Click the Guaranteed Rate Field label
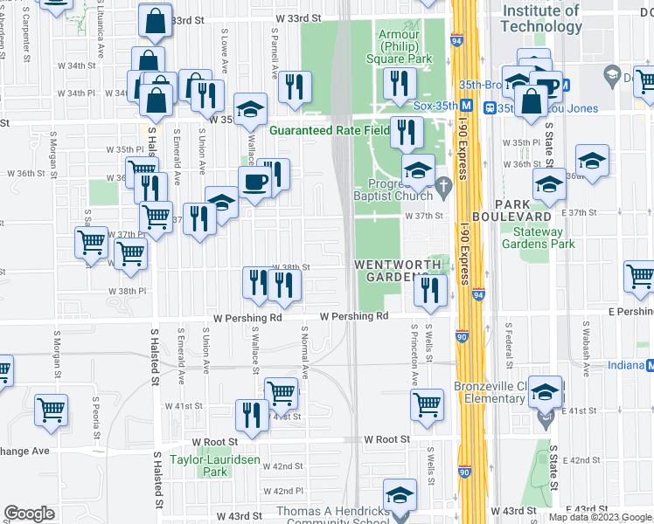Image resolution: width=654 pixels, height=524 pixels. coord(329,130)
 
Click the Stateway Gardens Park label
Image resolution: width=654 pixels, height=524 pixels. coord(538,238)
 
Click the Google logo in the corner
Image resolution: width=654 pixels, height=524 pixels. coord(29,514)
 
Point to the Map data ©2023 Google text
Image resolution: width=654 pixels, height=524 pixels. coord(600,517)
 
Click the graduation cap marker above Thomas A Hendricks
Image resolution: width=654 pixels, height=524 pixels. coord(400,498)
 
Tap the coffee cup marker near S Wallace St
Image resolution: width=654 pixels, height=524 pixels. coord(255,183)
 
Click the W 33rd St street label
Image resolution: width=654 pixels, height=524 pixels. coord(298,17)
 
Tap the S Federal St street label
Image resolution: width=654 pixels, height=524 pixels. coord(508,345)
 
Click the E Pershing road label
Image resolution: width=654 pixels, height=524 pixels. coord(634,312)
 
